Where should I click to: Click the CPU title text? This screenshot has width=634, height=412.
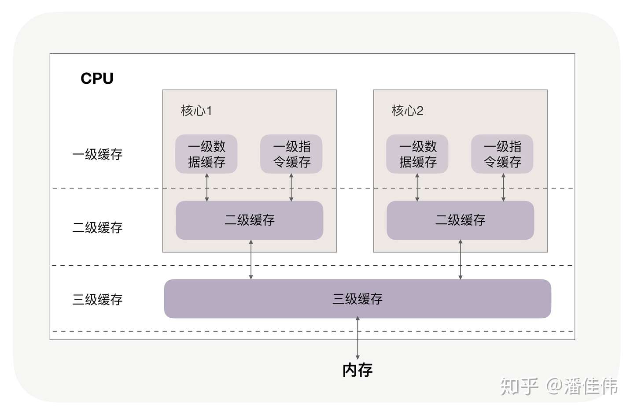pos(97,78)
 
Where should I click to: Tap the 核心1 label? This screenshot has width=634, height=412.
pos(196,111)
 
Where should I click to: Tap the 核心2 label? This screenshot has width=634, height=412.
pos(407,111)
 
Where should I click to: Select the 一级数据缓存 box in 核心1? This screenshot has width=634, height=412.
pos(206,154)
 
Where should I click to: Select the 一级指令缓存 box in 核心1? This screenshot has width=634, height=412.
pos(291,154)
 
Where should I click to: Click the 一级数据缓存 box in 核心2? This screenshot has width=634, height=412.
pos(417,154)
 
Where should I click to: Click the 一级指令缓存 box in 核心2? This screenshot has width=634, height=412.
pos(502,154)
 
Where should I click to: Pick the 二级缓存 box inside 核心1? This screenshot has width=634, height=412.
pos(249,220)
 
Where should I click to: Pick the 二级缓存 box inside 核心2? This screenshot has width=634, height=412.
pos(460,220)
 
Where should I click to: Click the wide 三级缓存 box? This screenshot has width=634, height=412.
pos(357,299)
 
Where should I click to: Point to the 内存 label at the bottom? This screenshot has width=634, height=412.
pos(358,370)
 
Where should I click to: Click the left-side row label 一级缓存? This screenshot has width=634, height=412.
pos(97,155)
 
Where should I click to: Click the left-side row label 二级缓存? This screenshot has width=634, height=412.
pos(97,228)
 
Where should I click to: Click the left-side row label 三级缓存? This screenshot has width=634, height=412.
pos(97,300)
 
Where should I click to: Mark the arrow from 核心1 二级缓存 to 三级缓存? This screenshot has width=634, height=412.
pos(251,260)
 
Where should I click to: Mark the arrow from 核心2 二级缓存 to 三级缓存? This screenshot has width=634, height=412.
pos(461,260)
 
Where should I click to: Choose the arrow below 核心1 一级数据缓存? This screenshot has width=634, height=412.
pos(207,188)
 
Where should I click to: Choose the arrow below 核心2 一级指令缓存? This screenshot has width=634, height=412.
pos(503,188)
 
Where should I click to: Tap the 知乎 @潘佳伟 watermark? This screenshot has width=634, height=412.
pos(559,386)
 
